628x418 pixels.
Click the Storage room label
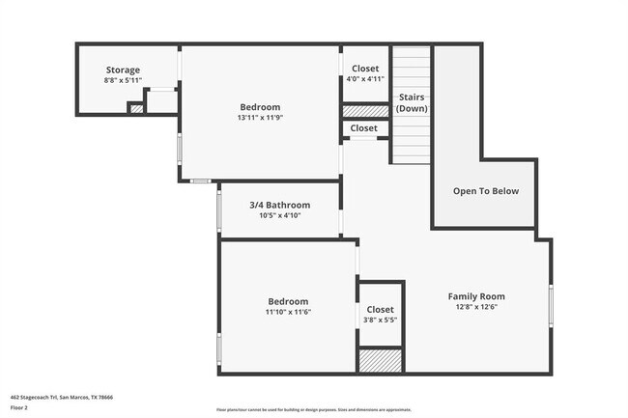pyautogui.click(x=123, y=70)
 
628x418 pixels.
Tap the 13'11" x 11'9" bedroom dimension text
pyautogui.click(x=260, y=118)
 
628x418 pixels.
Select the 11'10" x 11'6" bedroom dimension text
pyautogui.click(x=288, y=312)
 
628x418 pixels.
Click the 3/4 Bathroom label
pyautogui.click(x=280, y=205)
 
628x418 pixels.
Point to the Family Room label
pyautogui.click(x=476, y=296)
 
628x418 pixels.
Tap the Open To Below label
pyautogui.click(x=486, y=191)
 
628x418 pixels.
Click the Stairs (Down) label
pyautogui.click(x=412, y=102)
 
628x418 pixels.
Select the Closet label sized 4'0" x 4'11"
pyautogui.click(x=365, y=69)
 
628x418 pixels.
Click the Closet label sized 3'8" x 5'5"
pyautogui.click(x=380, y=309)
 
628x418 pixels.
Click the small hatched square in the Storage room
pyautogui.click(x=136, y=108)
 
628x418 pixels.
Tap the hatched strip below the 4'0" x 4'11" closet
pyautogui.click(x=365, y=111)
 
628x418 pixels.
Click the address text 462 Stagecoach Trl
pyautogui.click(x=61, y=396)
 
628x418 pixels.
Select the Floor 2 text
pyautogui.click(x=19, y=407)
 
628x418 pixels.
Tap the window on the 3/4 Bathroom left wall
pyautogui.click(x=218, y=209)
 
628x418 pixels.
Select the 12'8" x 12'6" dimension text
pyautogui.click(x=476, y=307)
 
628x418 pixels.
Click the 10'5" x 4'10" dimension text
pyautogui.click(x=280, y=215)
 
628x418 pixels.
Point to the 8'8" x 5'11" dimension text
pyautogui.click(x=123, y=80)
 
